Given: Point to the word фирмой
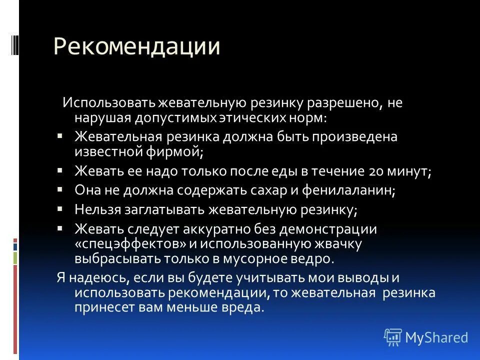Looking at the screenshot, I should click(x=174, y=151).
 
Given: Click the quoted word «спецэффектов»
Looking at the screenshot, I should click(x=130, y=244).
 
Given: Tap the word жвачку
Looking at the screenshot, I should click(x=334, y=244).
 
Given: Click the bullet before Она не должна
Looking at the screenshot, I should click(x=60, y=189).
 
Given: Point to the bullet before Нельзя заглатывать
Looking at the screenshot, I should click(x=60, y=208).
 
